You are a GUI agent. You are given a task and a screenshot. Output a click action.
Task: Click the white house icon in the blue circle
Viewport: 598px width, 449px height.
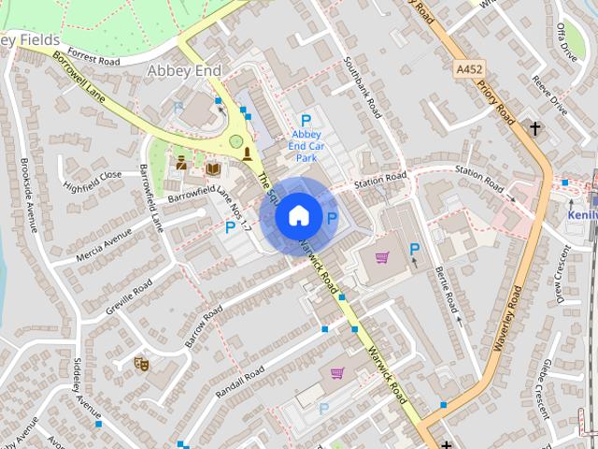click(x=298, y=216)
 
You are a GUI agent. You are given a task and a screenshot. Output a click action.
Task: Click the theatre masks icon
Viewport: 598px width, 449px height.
click(x=142, y=362)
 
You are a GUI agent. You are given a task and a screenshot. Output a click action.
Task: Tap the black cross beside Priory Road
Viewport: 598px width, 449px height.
click(x=536, y=129)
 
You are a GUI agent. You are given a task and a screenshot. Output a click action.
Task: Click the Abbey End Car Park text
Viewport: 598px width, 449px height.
click(x=306, y=140)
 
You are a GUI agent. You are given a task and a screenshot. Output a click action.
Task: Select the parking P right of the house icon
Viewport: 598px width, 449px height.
click(x=332, y=217)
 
